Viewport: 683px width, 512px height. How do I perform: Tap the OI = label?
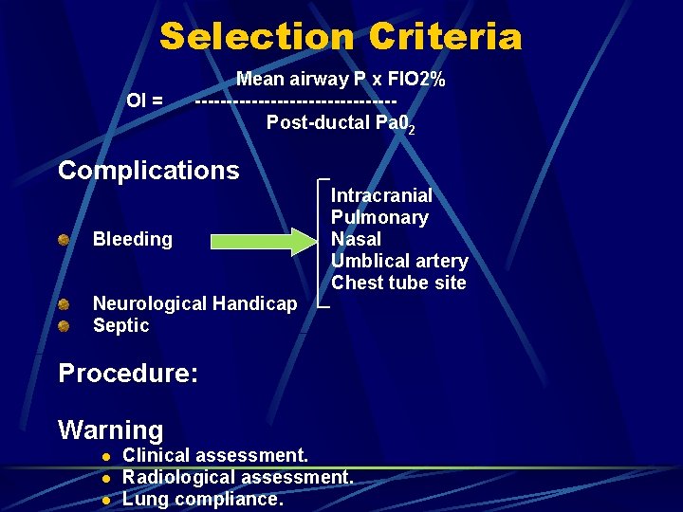coord(145,100)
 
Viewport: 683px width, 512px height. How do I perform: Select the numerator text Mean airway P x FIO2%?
coord(341,79)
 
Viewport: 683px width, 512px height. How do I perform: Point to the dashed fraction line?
coord(295,101)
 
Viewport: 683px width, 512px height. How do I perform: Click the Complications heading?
coord(149,171)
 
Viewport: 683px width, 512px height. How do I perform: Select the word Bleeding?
coord(133,239)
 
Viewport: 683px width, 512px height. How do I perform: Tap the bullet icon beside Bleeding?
coord(63,239)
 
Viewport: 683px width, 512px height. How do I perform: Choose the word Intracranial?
coord(381,195)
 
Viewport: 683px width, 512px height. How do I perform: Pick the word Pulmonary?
coord(379,217)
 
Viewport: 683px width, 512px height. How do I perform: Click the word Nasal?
coord(356,239)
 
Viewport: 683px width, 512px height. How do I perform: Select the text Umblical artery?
coord(399,261)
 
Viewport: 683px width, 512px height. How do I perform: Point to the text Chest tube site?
coord(398,283)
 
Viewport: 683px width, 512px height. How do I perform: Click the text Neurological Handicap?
coord(194,303)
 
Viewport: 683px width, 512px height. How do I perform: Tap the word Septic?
coord(121,325)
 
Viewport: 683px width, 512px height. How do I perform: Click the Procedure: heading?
coord(128,373)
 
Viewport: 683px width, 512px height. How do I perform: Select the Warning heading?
coord(111,430)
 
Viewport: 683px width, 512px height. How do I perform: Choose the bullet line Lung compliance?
coord(203,499)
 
